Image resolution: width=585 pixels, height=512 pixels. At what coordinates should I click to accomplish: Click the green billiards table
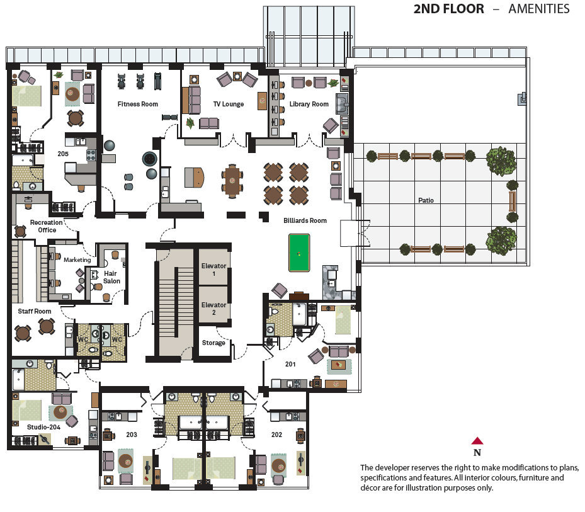pyautogui.click(x=299, y=253)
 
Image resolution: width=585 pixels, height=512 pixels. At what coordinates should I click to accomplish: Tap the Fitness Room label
pyautogui.click(x=138, y=104)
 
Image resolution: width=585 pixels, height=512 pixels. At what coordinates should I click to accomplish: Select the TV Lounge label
pyautogui.click(x=229, y=104)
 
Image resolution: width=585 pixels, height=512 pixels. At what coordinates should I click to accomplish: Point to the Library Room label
pyautogui.click(x=309, y=104)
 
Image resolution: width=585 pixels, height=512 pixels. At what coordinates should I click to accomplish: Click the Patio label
pyautogui.click(x=426, y=200)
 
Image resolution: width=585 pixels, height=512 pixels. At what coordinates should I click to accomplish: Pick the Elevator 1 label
pyautogui.click(x=213, y=270)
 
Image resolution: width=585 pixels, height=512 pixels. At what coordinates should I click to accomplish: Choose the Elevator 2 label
pyautogui.click(x=213, y=309)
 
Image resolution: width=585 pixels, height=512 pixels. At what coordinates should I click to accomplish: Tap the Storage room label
pyautogui.click(x=213, y=343)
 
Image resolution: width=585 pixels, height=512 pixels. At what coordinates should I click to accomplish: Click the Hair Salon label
pyautogui.click(x=111, y=277)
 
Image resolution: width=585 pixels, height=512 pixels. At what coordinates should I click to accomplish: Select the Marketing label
pyautogui.click(x=77, y=259)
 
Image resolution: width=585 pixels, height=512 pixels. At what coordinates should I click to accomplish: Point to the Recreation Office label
pyautogui.click(x=47, y=226)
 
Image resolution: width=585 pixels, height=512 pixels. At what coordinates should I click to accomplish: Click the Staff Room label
pyautogui.click(x=35, y=311)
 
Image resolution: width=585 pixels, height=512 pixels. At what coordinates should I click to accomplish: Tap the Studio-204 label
pyautogui.click(x=43, y=427)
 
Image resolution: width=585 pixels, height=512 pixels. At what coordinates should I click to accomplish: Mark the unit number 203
pyautogui.click(x=132, y=435)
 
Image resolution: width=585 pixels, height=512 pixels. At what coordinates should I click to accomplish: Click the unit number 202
pyautogui.click(x=276, y=435)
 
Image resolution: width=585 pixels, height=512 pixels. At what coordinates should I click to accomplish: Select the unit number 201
pyautogui.click(x=290, y=364)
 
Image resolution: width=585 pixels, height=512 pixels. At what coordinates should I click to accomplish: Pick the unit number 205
pyautogui.click(x=63, y=154)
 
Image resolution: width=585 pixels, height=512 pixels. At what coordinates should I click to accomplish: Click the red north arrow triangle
pyautogui.click(x=477, y=441)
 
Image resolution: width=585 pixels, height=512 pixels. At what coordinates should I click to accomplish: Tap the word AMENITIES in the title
pyautogui.click(x=539, y=9)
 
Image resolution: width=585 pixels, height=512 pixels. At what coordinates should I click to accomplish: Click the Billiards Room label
pyautogui.click(x=305, y=220)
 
